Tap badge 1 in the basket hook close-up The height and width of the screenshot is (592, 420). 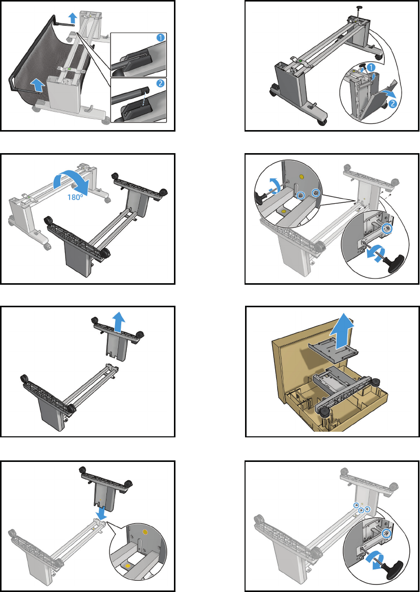(x=160, y=38)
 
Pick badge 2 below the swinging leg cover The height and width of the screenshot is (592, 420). (x=392, y=104)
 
